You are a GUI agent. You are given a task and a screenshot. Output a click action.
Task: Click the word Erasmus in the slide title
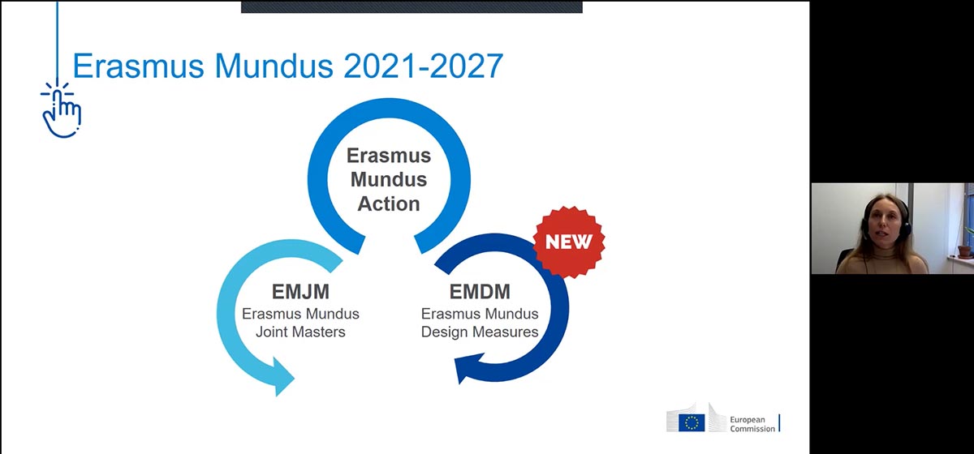point(138,66)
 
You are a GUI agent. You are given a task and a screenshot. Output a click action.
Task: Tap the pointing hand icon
point(62,109)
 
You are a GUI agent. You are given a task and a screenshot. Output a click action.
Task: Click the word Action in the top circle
point(389,203)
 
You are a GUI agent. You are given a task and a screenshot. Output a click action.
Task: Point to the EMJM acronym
point(300,292)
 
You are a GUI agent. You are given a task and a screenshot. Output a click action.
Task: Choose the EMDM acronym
point(480,292)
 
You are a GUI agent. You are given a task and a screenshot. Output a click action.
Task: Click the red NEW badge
point(569,242)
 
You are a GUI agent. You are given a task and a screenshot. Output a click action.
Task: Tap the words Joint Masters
point(300,332)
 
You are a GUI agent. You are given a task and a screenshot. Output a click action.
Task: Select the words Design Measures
point(480,332)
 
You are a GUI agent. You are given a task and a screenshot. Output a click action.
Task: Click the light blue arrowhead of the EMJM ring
point(281,377)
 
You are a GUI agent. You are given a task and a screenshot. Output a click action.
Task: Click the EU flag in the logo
point(692,422)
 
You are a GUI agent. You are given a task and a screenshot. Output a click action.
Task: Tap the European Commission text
point(752,424)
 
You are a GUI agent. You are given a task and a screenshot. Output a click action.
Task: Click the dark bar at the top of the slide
point(412,7)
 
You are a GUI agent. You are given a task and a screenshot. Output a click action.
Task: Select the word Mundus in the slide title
point(274,66)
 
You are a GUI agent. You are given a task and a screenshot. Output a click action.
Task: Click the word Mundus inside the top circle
point(389,179)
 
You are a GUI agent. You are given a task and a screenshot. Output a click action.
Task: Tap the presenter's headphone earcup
point(906,226)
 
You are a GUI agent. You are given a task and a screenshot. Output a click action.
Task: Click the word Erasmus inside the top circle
point(389,156)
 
